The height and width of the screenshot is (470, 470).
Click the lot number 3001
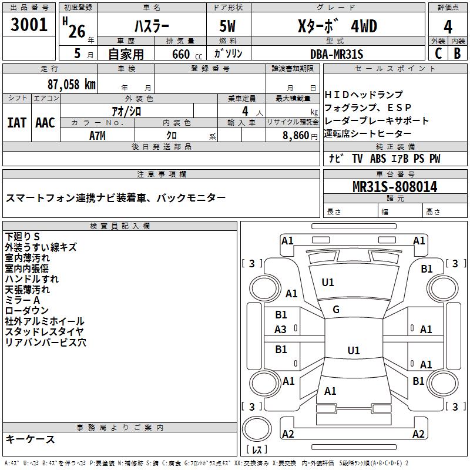29,25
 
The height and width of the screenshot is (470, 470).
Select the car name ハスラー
152,27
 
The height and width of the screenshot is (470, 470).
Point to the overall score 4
448,27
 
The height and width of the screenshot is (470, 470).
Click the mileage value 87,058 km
71,84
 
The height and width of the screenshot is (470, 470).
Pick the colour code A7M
98,135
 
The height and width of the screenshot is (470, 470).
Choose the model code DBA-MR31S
337,54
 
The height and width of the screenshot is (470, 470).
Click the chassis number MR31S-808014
395,187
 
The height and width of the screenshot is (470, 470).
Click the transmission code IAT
17,123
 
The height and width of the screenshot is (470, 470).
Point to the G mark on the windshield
336,310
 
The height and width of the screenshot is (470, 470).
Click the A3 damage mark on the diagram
281,330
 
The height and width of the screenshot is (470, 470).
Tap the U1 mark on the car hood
328,283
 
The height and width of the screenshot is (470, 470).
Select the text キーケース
31,439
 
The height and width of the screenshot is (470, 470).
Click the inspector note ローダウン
27,311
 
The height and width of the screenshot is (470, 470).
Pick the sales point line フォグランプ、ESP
368,108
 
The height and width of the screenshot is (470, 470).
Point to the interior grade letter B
457,54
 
